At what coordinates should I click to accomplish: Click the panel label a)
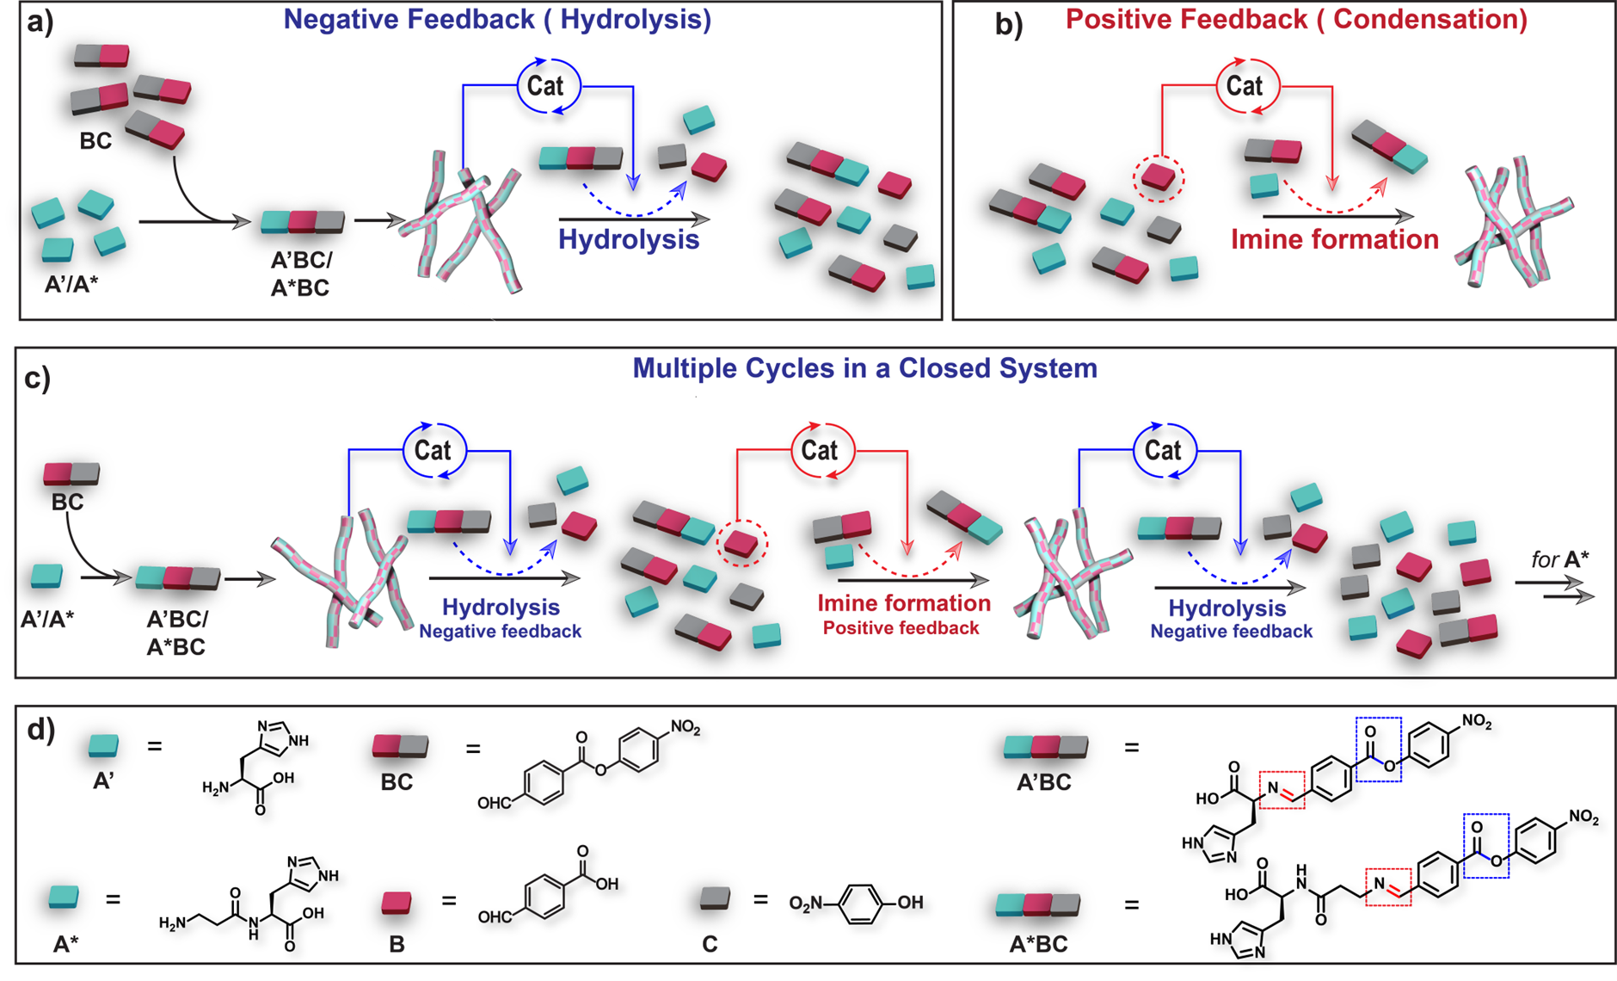point(40,22)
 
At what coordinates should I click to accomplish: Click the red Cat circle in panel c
point(820,450)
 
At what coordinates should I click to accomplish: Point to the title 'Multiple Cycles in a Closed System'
point(864,368)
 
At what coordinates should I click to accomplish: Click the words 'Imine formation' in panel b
point(1334,239)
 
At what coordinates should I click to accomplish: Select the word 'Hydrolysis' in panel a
point(629,238)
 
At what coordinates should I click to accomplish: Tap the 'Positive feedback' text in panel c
point(901,628)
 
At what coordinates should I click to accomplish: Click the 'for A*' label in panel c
point(1559,559)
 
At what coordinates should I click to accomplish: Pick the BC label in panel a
point(95,141)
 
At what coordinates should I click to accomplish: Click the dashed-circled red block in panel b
point(1159,178)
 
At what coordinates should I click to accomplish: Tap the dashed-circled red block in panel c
point(741,543)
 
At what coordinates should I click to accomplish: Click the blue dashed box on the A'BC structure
point(1378,750)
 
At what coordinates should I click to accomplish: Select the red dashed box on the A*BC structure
point(1387,886)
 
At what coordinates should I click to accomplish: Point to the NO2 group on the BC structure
point(686,729)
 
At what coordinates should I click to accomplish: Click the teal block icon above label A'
point(104,745)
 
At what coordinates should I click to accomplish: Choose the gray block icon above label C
point(716,899)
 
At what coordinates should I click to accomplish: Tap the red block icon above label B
point(397,902)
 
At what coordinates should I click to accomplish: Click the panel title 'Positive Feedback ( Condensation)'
point(1296,20)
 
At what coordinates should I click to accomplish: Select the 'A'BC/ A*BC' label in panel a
point(300,274)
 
